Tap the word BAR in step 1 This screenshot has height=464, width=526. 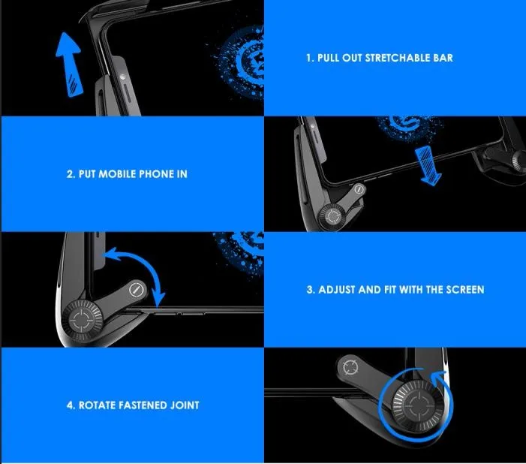pyautogui.click(x=443, y=58)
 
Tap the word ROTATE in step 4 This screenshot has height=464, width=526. pyautogui.click(x=98, y=405)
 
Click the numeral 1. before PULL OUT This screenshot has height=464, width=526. pyautogui.click(x=311, y=58)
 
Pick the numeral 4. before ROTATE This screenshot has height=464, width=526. pyautogui.click(x=71, y=405)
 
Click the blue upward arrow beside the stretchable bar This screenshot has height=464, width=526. pyautogui.click(x=71, y=65)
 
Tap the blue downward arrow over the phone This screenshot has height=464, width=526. pyautogui.click(x=428, y=166)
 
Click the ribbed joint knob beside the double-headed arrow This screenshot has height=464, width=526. pyautogui.click(x=81, y=320)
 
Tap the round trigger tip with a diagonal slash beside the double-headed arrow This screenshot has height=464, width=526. pyautogui.click(x=136, y=290)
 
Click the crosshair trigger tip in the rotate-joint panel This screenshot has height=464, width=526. pyautogui.click(x=351, y=366)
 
